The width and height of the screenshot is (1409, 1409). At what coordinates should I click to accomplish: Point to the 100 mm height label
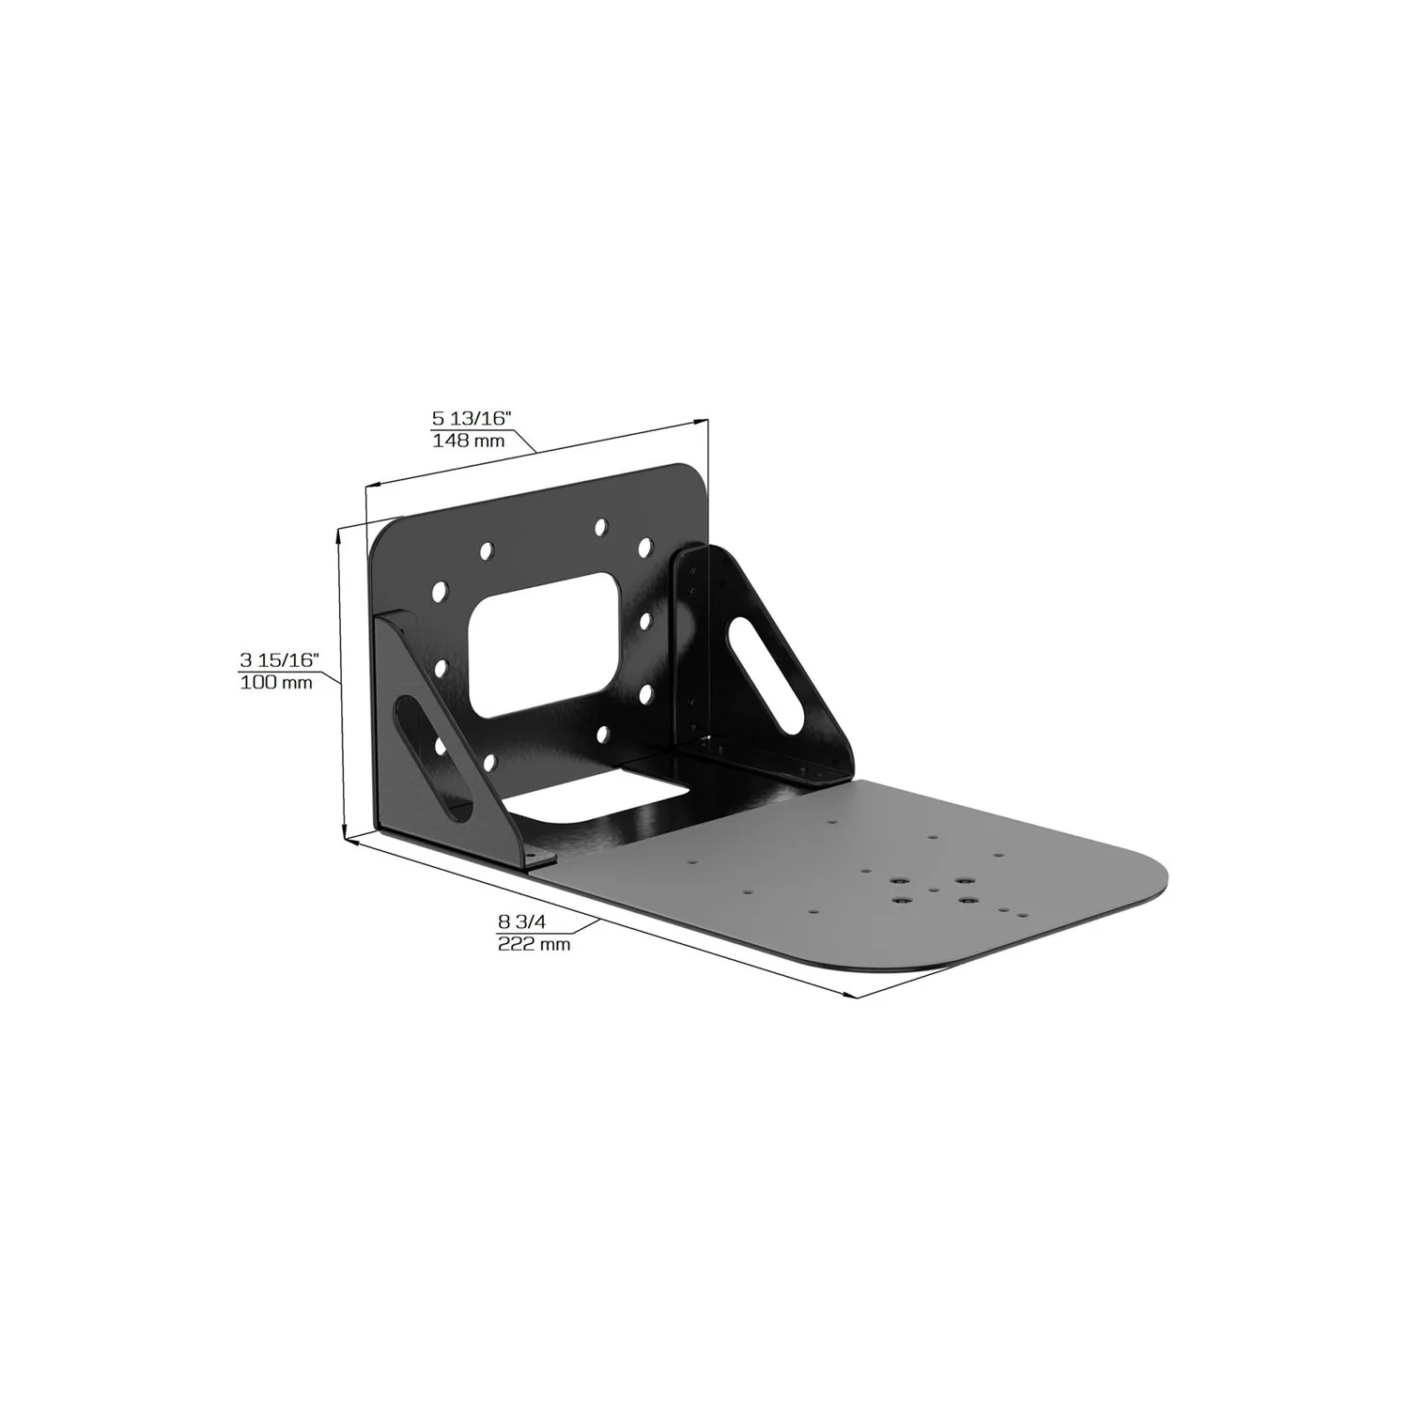coord(276,683)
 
